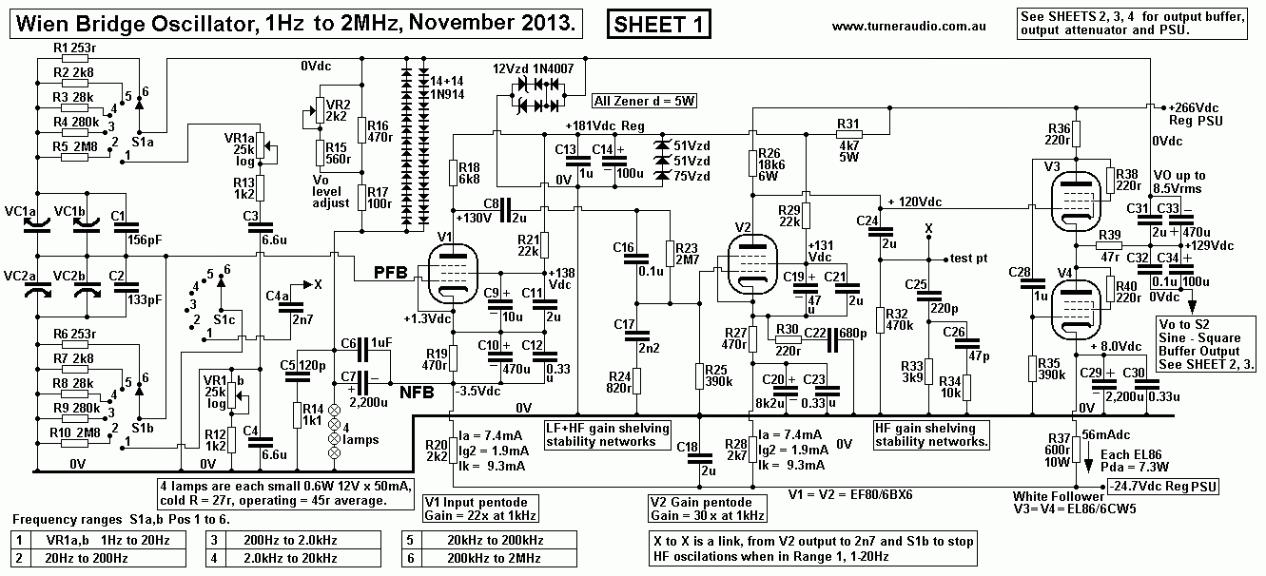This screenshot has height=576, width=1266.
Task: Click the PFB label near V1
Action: click(x=390, y=272)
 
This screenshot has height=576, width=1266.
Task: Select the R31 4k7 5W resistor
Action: click(x=847, y=136)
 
